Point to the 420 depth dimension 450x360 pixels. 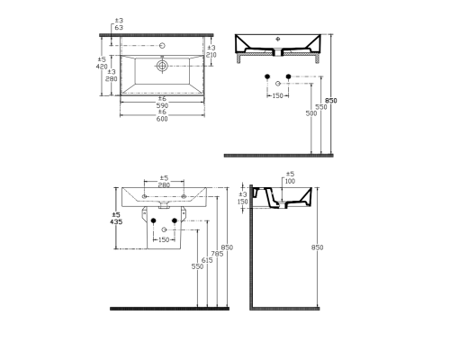click(x=103, y=67)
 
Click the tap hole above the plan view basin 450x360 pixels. click(x=163, y=45)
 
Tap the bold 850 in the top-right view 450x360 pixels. click(x=332, y=101)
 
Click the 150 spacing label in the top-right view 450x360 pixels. click(x=277, y=95)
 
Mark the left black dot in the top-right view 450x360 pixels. click(x=268, y=76)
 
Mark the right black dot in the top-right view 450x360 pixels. click(x=288, y=76)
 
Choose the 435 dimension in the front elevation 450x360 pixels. click(x=116, y=220)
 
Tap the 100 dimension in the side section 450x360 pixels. click(x=289, y=181)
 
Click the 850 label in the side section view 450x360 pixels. click(x=316, y=247)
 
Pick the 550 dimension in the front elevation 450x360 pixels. click(x=195, y=267)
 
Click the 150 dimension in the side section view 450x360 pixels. click(x=243, y=202)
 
